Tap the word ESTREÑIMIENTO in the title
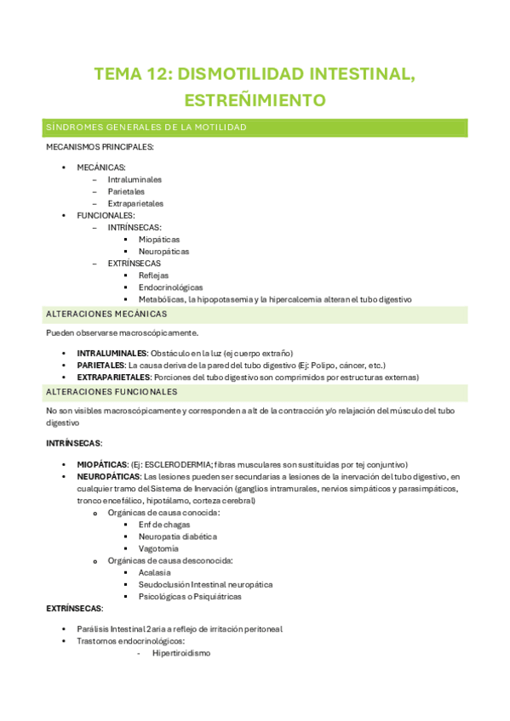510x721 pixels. [x=255, y=100]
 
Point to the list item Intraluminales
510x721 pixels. [x=135, y=179]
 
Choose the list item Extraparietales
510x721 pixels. [x=135, y=203]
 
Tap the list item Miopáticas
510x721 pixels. [x=159, y=240]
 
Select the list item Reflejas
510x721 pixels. [x=153, y=275]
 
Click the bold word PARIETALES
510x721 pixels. [x=101, y=365]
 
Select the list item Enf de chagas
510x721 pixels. [x=165, y=525]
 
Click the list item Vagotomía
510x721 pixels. [x=159, y=548]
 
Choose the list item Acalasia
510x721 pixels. [x=155, y=572]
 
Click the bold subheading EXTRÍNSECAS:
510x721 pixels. [x=74, y=609]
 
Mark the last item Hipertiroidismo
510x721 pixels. [x=181, y=653]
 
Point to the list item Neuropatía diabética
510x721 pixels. [x=177, y=536]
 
